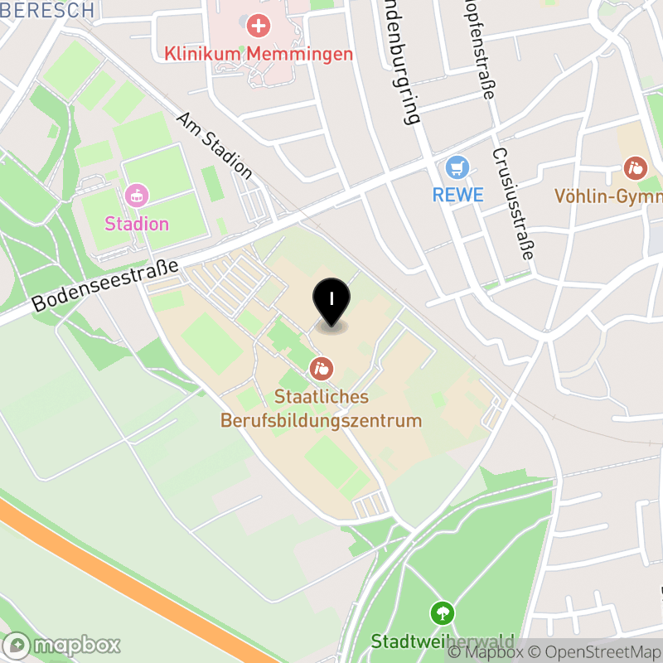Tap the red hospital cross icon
(259, 26)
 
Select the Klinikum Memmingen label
(259, 54)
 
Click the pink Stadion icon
(137, 196)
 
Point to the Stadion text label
(137, 224)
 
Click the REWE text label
(457, 196)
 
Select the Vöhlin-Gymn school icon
(636, 169)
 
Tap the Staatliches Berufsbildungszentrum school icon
(322, 367)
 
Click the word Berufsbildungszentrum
(322, 420)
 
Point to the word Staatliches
(322, 397)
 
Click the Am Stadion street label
(215, 146)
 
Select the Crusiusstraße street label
(511, 204)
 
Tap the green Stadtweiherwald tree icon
(443, 614)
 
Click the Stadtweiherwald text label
(443, 641)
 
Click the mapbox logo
(62, 645)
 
